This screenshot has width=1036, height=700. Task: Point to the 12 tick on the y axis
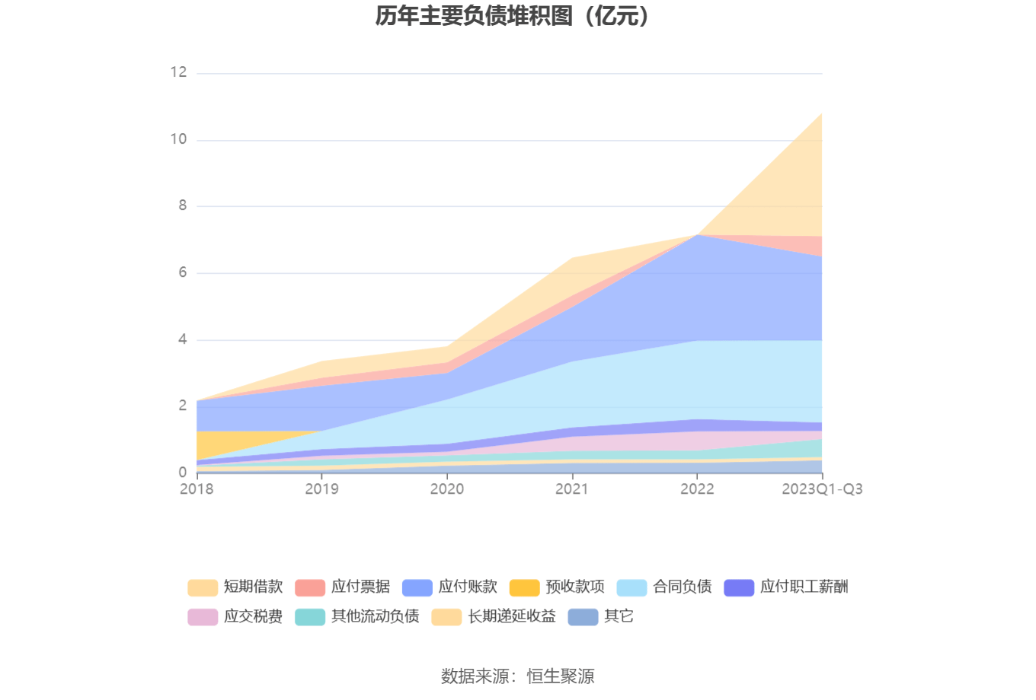pyautogui.click(x=179, y=72)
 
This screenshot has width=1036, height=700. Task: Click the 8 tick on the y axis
pyautogui.click(x=183, y=205)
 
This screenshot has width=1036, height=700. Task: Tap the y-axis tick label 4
pyautogui.click(x=183, y=339)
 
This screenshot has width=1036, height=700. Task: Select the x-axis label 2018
pyautogui.click(x=197, y=489)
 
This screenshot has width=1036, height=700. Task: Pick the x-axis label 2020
pyautogui.click(x=447, y=489)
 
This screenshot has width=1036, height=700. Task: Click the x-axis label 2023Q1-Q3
pyautogui.click(x=822, y=489)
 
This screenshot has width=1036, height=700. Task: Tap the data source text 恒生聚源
pyautogui.click(x=561, y=676)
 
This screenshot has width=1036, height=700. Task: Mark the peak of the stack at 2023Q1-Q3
pyautogui.click(x=822, y=113)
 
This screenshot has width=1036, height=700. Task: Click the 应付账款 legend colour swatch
pyautogui.click(x=417, y=587)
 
